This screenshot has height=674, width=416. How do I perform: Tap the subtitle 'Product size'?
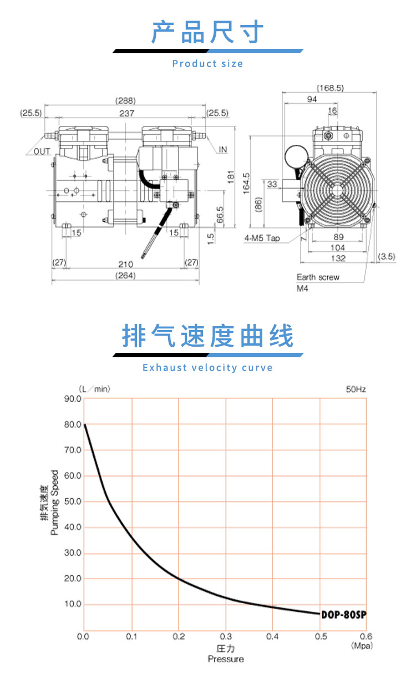[208, 64]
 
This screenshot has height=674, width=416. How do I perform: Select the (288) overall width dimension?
[125, 101]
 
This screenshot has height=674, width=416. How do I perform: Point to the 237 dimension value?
[125, 113]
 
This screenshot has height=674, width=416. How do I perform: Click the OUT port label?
[41, 151]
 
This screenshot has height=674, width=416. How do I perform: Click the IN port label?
[223, 150]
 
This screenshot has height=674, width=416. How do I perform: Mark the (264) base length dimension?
[125, 276]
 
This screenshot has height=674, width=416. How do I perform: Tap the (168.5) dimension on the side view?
[331, 88]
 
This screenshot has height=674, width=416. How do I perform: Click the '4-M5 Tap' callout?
[262, 239]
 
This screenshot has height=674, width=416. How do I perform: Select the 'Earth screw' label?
[318, 277]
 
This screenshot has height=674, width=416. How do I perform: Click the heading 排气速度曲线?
[208, 337]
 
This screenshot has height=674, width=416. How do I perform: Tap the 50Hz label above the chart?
[356, 389]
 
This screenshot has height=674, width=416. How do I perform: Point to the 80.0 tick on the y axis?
[73, 424]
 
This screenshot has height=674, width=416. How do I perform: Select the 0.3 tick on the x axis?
[225, 636]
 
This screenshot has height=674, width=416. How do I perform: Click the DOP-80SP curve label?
[344, 615]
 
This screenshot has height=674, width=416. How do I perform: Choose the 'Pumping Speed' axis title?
[54, 503]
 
